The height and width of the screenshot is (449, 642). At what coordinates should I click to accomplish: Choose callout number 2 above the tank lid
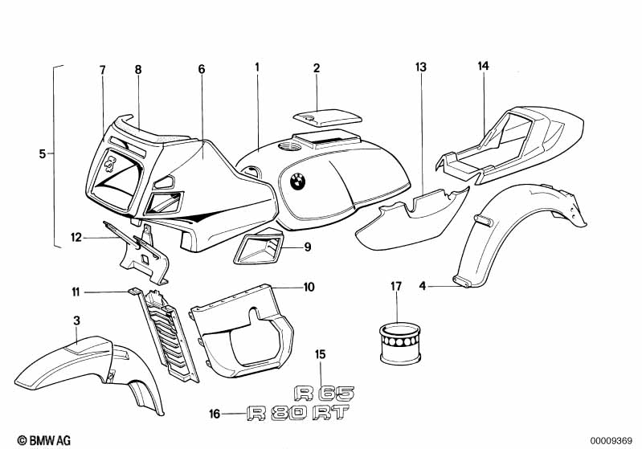[x=317, y=69]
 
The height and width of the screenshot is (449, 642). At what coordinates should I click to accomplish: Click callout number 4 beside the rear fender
[x=423, y=283]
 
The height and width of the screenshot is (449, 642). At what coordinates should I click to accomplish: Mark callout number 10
[x=309, y=286]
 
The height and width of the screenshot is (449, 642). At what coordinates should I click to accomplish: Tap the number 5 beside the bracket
[x=43, y=153]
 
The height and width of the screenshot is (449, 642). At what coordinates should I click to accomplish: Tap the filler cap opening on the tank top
[x=285, y=147]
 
